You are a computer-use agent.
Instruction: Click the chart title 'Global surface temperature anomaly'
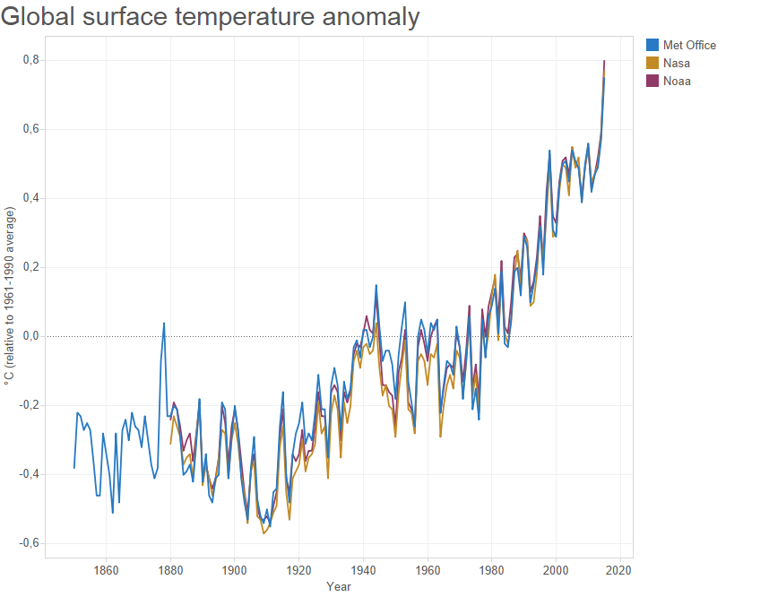210,17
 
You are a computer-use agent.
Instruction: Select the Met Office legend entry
688,45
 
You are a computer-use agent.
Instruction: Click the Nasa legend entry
676,63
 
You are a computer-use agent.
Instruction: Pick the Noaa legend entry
676,82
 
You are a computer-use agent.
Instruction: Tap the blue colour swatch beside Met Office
652,45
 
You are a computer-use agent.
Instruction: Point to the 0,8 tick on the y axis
31,60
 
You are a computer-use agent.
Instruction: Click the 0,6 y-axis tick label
31,129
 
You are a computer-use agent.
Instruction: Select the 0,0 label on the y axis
31,336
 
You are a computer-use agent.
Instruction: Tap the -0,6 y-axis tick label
30,543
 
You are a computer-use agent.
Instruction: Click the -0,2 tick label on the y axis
30,405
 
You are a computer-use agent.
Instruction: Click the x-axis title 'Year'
339,586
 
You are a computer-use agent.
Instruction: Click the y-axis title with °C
10,296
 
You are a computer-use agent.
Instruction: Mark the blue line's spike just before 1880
164,323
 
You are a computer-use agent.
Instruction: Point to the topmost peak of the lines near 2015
604,61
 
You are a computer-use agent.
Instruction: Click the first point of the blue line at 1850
74,468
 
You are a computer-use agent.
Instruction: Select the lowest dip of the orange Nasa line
264,533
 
